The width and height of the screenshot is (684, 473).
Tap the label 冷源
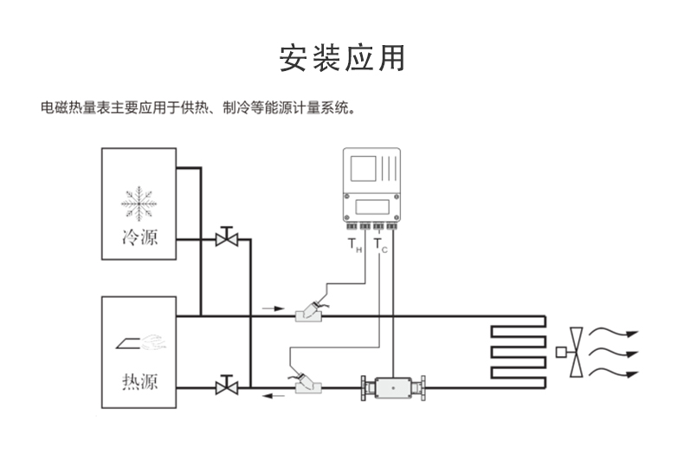(x=139, y=236)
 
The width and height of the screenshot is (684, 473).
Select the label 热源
(x=139, y=380)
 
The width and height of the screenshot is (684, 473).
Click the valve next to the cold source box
(x=227, y=236)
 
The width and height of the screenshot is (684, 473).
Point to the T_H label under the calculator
(x=354, y=248)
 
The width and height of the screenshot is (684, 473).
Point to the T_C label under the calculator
(x=381, y=248)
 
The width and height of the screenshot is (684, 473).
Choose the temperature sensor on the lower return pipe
(x=307, y=384)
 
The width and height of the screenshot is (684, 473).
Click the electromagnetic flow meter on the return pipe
(x=393, y=389)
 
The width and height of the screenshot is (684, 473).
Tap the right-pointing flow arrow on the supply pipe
(x=272, y=308)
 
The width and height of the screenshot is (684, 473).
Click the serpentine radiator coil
(x=518, y=352)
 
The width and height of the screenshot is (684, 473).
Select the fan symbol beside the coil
(x=574, y=352)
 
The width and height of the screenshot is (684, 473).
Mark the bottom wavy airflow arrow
(x=617, y=373)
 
